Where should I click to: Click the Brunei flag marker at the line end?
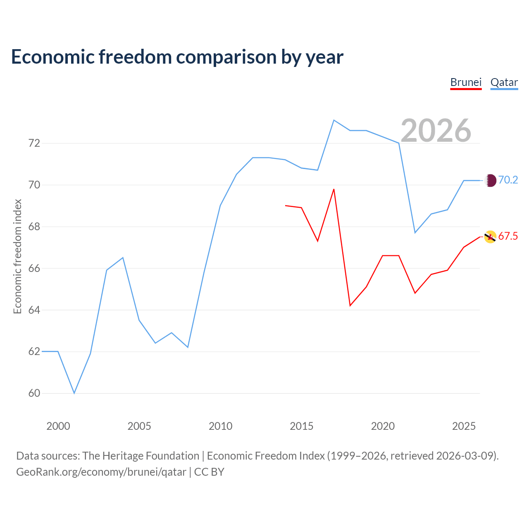(490, 237)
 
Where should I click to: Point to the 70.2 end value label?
(508, 180)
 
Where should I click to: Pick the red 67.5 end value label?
(508, 236)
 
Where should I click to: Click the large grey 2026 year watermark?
(436, 131)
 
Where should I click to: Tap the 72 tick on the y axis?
(34, 143)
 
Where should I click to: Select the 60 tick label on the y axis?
(34, 393)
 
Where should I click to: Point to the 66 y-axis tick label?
(34, 268)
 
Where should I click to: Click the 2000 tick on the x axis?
(58, 426)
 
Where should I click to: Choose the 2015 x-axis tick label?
(301, 426)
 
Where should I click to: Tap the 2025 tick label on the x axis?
(464, 426)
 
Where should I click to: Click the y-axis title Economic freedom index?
(18, 256)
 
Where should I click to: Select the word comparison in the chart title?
(226, 57)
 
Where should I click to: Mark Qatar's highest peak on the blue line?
(334, 120)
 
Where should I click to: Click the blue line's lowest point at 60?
(74, 393)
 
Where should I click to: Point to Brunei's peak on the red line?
(334, 189)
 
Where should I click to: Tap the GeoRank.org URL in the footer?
(101, 472)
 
